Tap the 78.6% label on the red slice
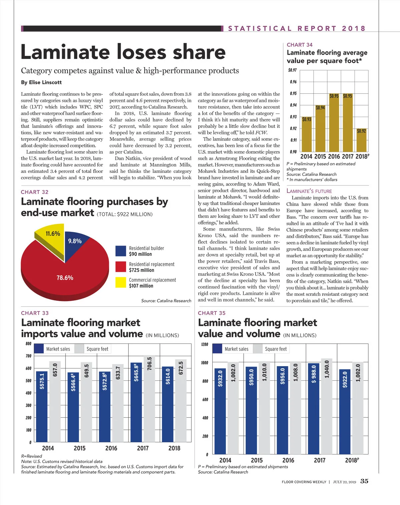[x=65, y=278]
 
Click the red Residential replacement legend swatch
[x=121, y=267]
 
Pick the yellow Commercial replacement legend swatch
[x=121, y=282]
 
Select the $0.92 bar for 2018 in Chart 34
[x=361, y=140]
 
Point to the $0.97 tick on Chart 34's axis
[x=292, y=70]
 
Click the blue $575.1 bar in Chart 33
[x=42, y=406]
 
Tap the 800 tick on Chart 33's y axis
[x=29, y=344]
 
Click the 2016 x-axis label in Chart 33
[x=111, y=448]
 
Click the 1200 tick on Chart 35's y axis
[x=205, y=344]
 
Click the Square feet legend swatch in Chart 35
[x=258, y=349]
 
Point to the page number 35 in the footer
[x=364, y=481]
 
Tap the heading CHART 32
[x=35, y=192]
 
